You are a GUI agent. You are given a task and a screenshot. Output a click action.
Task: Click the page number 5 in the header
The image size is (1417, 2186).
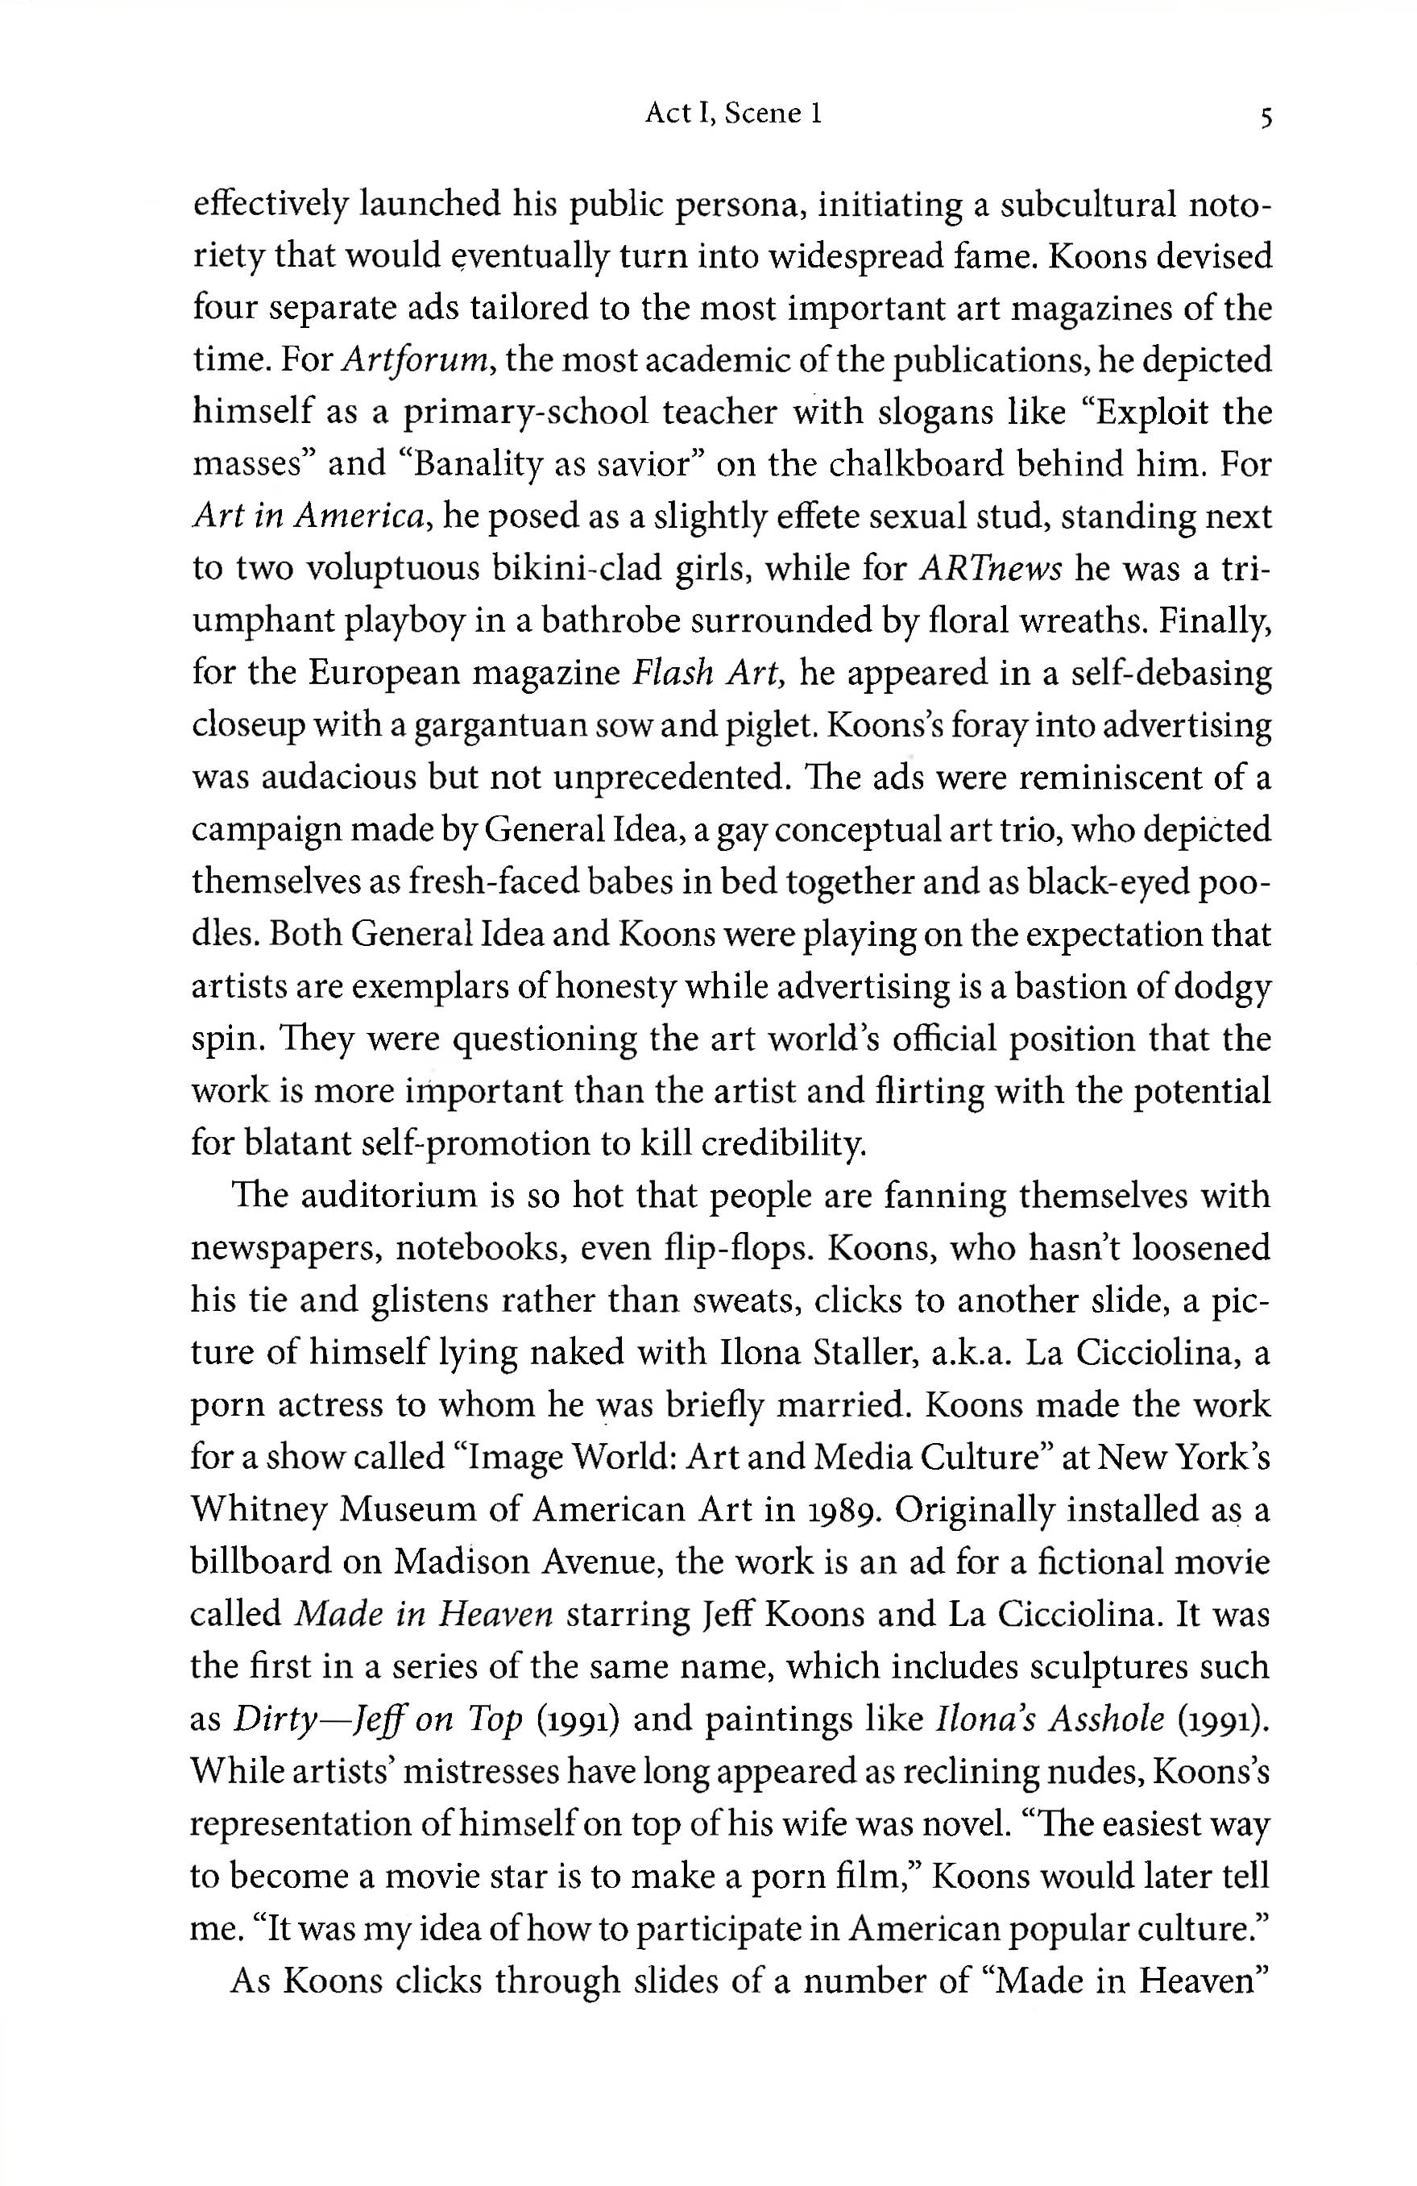tap(1266, 118)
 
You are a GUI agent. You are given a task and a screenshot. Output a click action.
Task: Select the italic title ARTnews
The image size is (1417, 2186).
tap(989, 570)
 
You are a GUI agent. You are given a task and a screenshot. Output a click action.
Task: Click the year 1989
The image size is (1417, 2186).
tap(840, 1510)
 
